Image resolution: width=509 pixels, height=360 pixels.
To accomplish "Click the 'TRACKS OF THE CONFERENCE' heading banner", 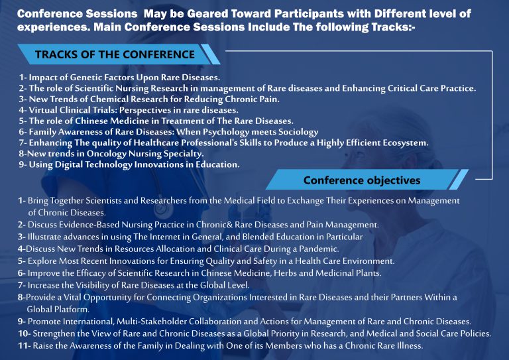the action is [119, 54].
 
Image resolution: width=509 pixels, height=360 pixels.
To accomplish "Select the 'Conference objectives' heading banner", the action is [367, 180].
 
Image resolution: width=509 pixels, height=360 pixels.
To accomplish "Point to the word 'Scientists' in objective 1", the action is [103, 201].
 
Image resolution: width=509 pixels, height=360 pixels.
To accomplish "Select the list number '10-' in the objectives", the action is [25, 333].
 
